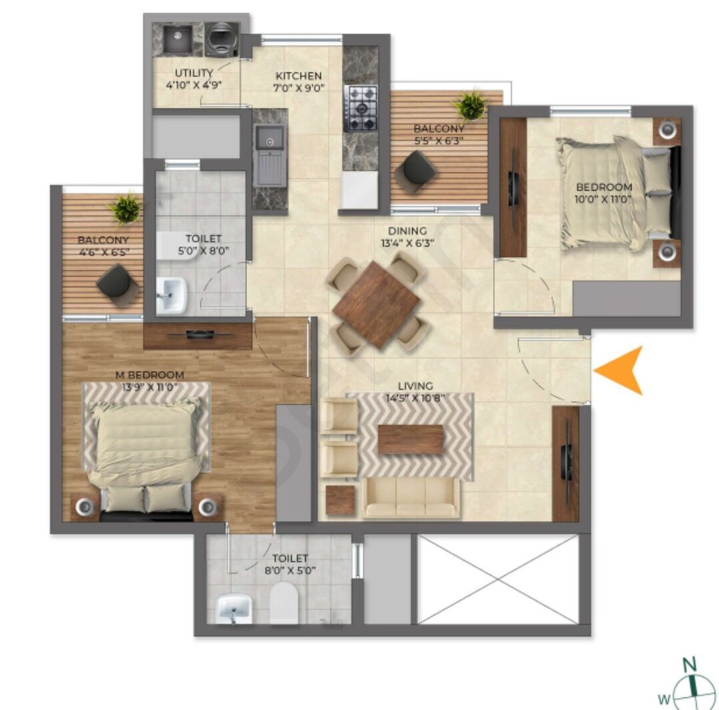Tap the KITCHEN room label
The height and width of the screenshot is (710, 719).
(298, 76)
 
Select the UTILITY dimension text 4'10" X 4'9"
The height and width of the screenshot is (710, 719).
(194, 85)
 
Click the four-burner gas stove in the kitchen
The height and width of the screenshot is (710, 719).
(361, 108)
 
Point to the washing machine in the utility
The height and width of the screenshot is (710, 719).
(222, 39)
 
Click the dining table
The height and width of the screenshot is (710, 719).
(376, 304)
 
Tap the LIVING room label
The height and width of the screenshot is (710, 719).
(415, 386)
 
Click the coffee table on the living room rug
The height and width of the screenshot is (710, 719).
(410, 439)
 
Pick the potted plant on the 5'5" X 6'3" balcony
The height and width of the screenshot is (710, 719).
(471, 106)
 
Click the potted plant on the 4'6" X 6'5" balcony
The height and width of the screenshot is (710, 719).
(124, 208)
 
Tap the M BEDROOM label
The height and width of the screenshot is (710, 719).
(150, 375)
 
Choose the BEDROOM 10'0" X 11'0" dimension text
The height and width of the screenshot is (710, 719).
(603, 199)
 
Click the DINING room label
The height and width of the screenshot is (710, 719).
(407, 231)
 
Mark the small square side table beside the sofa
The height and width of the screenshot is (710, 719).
(340, 500)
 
